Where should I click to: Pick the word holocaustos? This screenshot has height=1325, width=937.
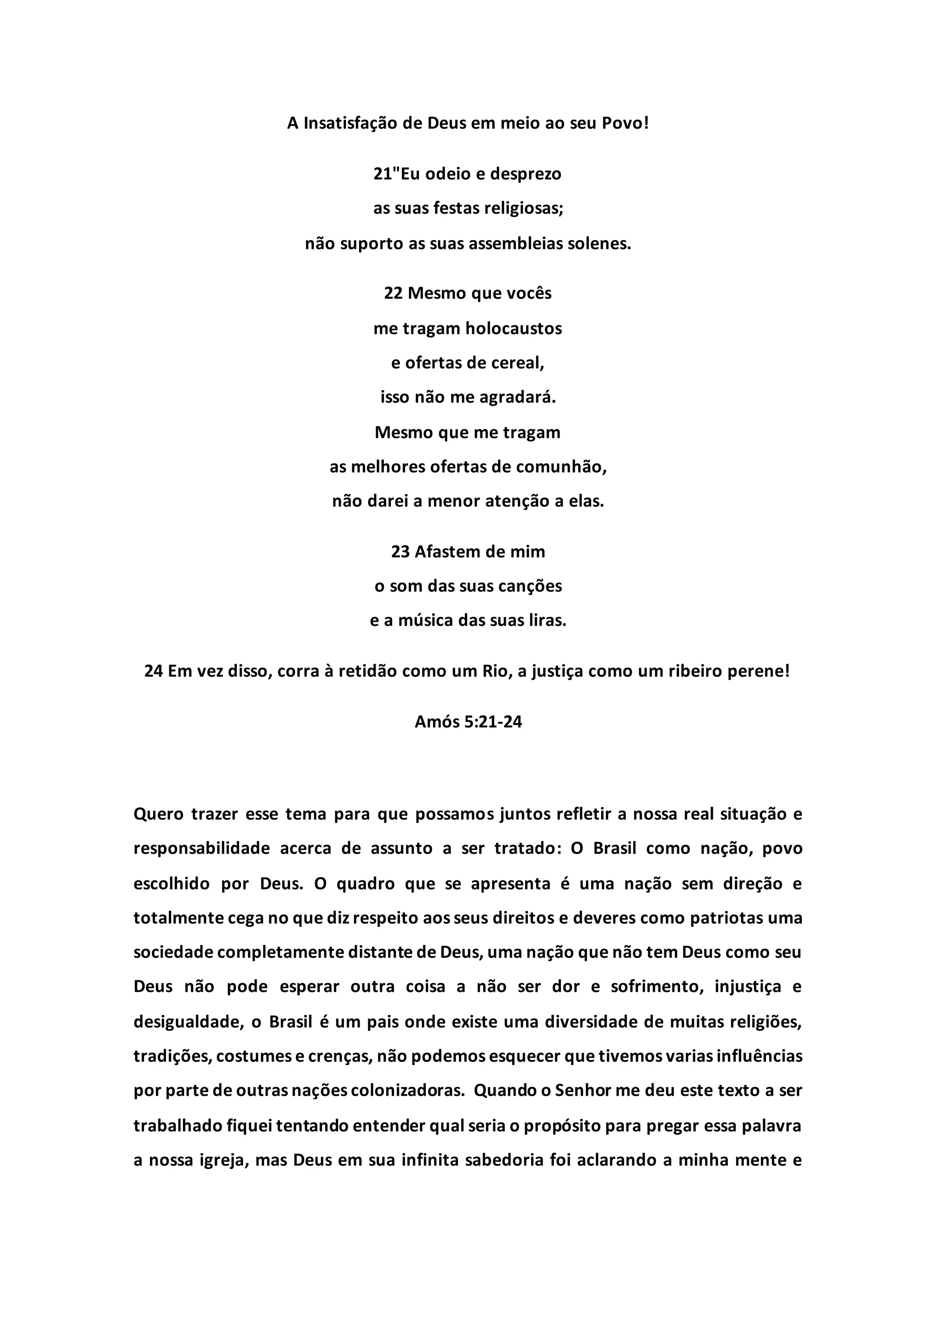(x=513, y=329)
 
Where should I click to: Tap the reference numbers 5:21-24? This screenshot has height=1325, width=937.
(x=493, y=722)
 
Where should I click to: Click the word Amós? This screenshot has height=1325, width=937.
(x=437, y=722)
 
